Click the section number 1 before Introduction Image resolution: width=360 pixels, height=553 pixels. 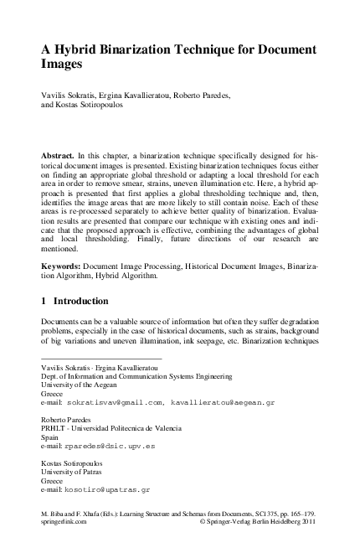coord(44,300)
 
